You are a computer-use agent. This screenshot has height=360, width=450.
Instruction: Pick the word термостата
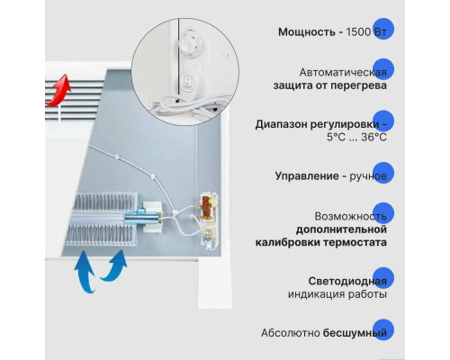(x=354, y=244)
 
